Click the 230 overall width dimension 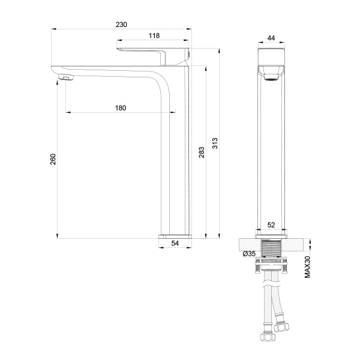tap(122, 25)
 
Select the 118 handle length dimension tap(154, 36)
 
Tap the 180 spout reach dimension tap(121, 108)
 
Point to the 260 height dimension tap(53, 159)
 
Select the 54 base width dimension tap(175, 243)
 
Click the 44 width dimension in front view tap(271, 38)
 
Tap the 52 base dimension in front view tap(271, 225)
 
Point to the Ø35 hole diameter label tap(250, 254)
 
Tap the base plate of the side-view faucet tap(175, 235)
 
